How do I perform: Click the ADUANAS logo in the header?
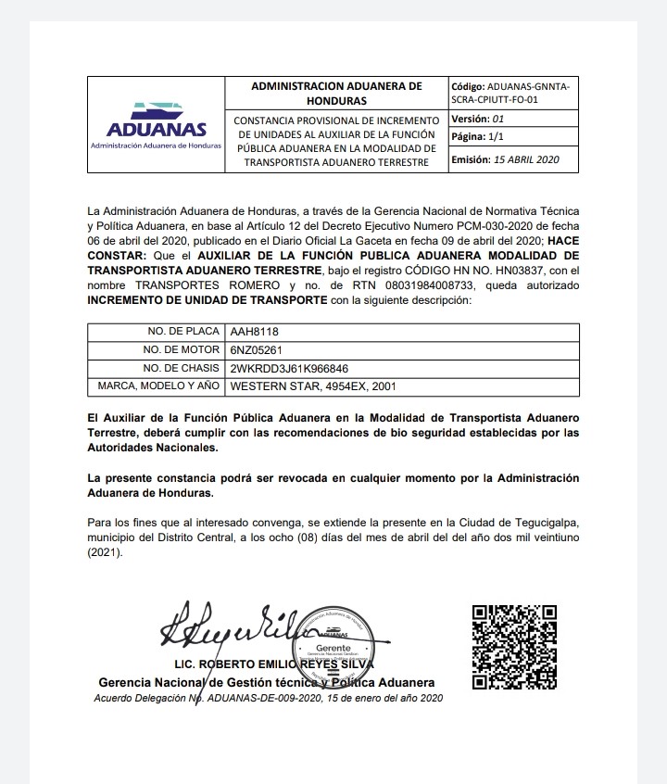tap(157, 125)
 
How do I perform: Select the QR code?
tap(514, 647)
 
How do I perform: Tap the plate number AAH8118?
tap(254, 332)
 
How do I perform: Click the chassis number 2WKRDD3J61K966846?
tap(289, 369)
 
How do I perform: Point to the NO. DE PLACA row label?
tap(182, 332)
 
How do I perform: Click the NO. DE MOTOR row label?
tap(181, 350)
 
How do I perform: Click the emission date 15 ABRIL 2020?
tap(528, 159)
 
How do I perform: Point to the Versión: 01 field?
tap(477, 120)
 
